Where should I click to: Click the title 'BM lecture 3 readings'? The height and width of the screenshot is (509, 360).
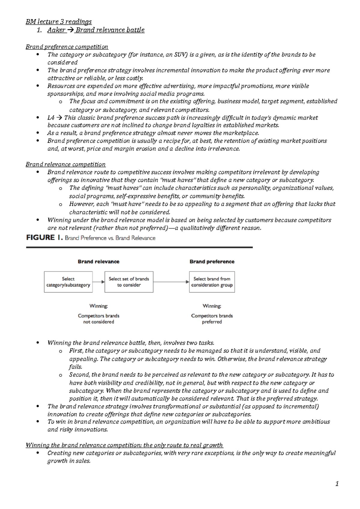click(58, 22)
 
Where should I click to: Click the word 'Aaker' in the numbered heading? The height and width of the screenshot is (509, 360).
click(56, 30)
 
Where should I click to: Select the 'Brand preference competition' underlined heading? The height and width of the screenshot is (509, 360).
click(67, 47)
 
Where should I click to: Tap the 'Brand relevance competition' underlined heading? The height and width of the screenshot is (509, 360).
click(65, 164)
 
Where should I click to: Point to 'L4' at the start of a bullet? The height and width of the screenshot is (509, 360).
click(50, 118)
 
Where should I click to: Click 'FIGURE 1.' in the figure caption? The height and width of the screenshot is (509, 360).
click(44, 238)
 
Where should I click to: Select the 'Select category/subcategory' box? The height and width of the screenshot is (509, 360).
click(68, 282)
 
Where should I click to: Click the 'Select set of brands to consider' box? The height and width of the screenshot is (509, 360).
click(129, 282)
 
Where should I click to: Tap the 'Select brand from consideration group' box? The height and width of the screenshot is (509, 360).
click(212, 282)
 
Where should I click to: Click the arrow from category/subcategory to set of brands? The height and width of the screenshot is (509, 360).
click(98, 282)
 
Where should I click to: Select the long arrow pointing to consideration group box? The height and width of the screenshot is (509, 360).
click(171, 282)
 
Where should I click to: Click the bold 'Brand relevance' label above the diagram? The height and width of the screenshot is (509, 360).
click(98, 261)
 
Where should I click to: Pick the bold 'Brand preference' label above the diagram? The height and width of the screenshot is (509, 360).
click(212, 261)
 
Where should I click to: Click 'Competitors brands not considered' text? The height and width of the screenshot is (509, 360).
click(98, 319)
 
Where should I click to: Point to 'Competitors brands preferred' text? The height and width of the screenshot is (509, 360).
click(212, 319)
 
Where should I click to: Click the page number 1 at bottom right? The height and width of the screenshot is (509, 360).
click(337, 484)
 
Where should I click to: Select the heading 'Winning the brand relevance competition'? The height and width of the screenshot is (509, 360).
click(124, 445)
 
